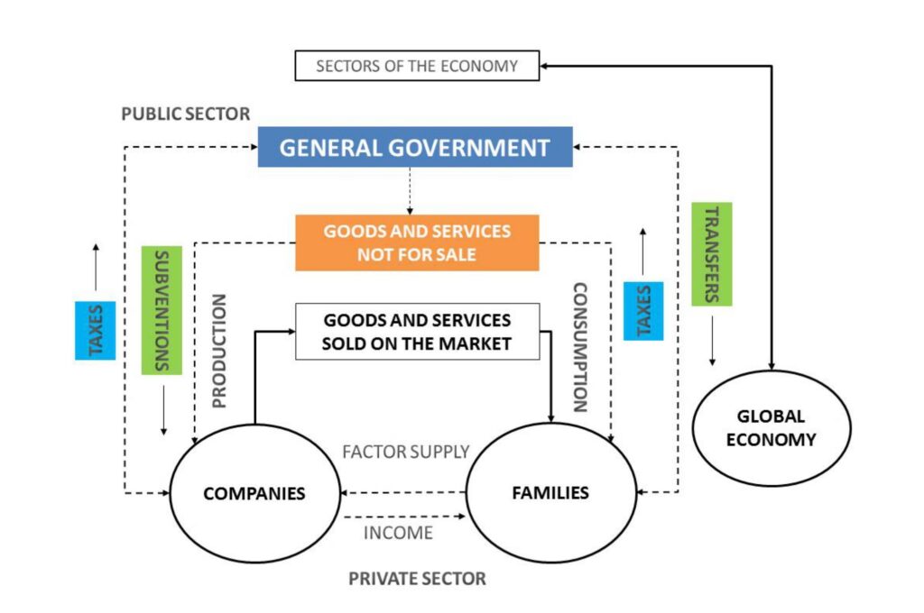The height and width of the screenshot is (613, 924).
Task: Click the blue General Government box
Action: pos(415,147)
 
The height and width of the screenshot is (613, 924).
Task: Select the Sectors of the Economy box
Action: pos(417,66)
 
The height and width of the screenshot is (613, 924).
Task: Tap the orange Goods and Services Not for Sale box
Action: pos(417,242)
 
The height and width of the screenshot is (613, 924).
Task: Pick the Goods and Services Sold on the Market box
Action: pos(417,331)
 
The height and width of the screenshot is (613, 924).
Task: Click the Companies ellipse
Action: pos(254,493)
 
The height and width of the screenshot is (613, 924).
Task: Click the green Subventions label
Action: pos(162,310)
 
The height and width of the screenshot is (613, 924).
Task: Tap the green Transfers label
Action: pos(711,254)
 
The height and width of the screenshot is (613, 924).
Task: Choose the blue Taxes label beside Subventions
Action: pos(95,330)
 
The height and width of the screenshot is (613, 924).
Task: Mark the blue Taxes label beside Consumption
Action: pos(643,311)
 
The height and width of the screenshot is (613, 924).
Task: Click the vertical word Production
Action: pos(219,351)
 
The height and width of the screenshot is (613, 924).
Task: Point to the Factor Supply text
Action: pos(406,452)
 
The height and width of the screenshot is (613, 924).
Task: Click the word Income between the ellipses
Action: pos(398,533)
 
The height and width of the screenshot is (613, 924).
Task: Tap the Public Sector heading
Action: pos(185,114)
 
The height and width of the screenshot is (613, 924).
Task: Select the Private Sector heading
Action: pos(417,579)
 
